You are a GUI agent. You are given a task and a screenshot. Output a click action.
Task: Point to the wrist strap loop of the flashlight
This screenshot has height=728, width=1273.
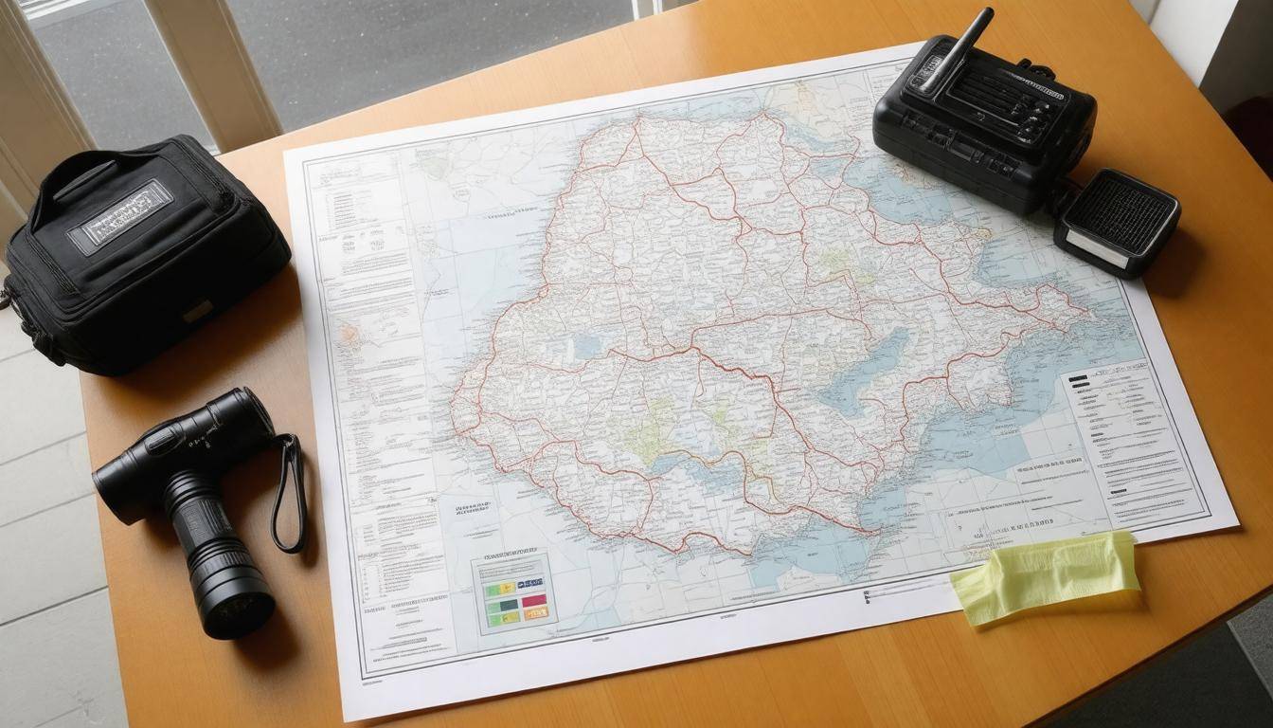289,494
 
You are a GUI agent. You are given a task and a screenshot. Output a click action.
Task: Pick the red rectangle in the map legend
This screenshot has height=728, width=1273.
533,600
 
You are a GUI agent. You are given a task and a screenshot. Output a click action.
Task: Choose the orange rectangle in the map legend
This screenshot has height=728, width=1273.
536,613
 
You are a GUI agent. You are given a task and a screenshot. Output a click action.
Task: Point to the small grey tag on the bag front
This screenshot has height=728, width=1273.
198,310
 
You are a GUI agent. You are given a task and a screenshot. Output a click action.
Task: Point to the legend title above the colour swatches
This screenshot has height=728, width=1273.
511,558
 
